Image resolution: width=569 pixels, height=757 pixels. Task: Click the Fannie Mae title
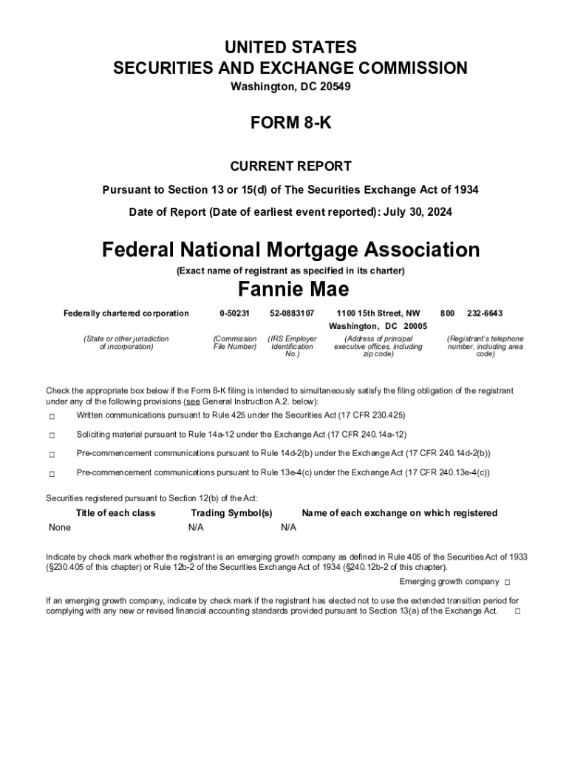(293, 288)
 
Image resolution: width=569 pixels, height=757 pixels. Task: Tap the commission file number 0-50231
(235, 313)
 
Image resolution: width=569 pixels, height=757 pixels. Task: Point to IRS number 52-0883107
(292, 313)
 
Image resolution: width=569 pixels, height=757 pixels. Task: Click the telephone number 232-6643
(485, 313)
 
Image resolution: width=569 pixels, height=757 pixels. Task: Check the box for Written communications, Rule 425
(52, 416)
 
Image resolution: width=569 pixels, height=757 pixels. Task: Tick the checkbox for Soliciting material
(52, 435)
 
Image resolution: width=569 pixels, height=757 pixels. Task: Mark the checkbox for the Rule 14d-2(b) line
(52, 454)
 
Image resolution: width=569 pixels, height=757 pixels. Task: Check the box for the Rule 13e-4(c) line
(52, 473)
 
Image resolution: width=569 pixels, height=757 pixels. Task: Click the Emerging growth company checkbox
(508, 583)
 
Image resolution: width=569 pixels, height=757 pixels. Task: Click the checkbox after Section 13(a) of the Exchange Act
(517, 611)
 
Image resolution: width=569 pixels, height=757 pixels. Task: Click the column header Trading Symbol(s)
(231, 513)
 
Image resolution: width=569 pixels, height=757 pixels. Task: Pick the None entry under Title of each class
(60, 527)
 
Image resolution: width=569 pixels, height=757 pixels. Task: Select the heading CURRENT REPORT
(290, 166)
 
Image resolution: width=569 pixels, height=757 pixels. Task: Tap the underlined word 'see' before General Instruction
(191, 401)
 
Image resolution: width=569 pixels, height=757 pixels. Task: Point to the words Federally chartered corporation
(126, 313)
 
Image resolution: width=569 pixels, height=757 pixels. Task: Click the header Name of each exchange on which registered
(399, 513)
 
